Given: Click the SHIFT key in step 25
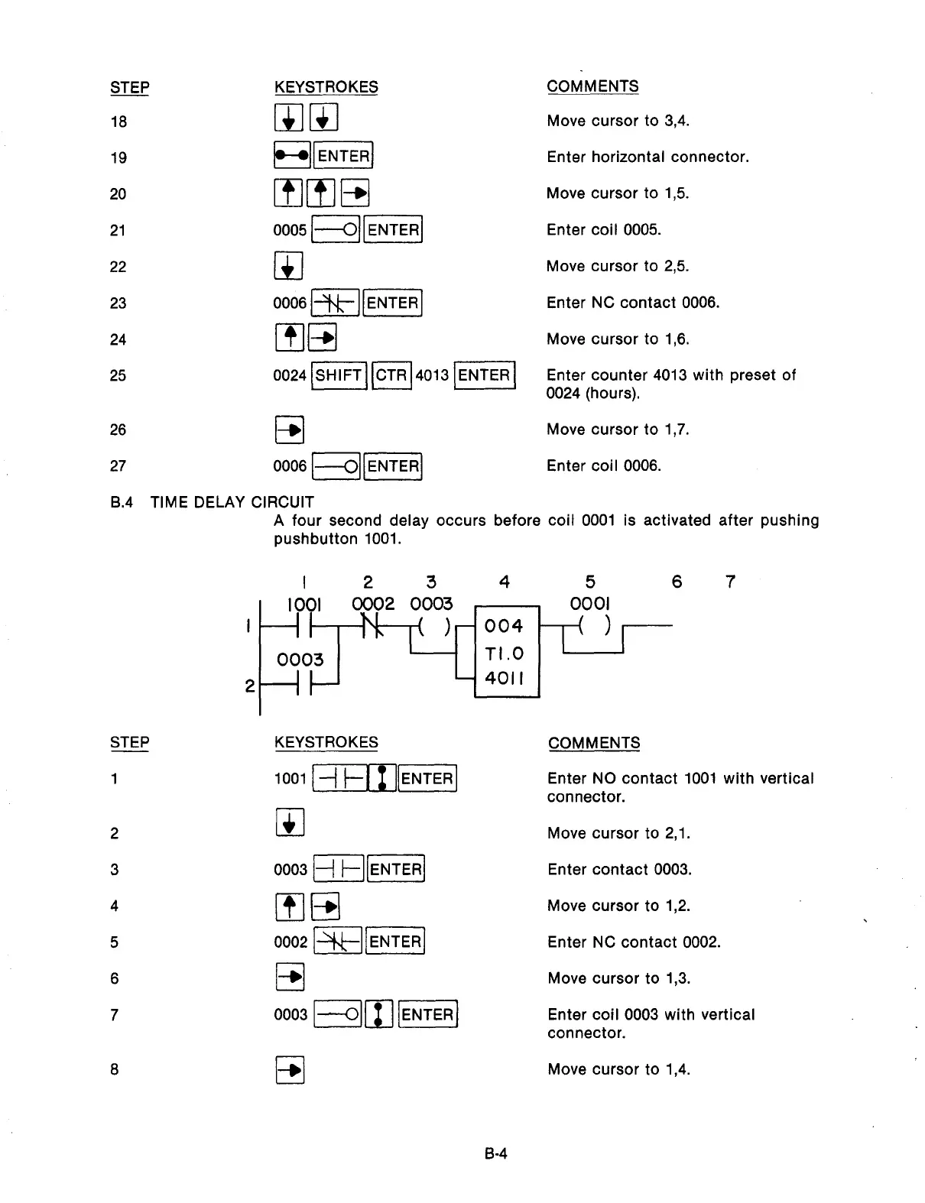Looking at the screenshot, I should click(339, 375).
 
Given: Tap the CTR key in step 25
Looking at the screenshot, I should click(391, 375).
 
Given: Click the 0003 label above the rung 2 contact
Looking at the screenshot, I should click(300, 660).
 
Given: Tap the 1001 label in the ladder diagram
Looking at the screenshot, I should click(303, 605).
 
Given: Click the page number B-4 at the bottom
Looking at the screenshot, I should click(496, 1153).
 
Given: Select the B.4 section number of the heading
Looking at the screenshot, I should click(122, 502).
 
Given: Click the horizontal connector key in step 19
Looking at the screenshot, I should click(292, 156).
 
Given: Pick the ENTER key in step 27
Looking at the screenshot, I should click(394, 466).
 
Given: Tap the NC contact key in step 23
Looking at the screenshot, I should click(334, 303).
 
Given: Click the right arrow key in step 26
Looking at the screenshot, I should click(289, 430).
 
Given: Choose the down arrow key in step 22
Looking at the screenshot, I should click(288, 267).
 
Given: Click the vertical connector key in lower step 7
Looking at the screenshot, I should click(379, 1014).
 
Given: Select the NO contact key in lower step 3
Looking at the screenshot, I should click(337, 869).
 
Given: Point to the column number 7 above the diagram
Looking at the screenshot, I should click(730, 582).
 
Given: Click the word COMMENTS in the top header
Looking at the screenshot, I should click(592, 86).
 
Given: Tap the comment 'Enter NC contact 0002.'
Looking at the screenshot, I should click(634, 942).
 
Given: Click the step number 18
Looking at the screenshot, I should click(118, 122).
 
